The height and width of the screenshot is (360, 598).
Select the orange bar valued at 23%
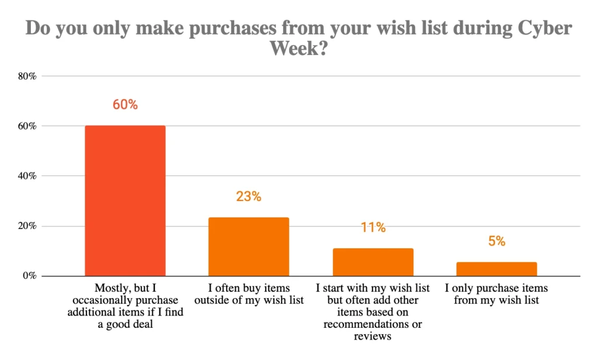pyautogui.click(x=249, y=246)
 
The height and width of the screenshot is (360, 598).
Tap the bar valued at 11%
pyautogui.click(x=373, y=262)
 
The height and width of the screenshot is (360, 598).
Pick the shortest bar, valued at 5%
pyautogui.click(x=497, y=269)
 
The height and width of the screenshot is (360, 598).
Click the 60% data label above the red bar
pyautogui.click(x=125, y=105)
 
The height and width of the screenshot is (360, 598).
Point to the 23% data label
pyautogui.click(x=249, y=196)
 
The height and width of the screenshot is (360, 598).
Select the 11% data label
pyautogui.click(x=373, y=227)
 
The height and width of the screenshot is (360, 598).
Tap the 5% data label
pyautogui.click(x=497, y=241)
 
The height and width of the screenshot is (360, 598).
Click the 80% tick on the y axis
pyautogui.click(x=28, y=76)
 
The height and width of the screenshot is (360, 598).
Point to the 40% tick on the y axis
pyautogui.click(x=28, y=176)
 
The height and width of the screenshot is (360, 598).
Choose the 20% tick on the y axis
pyautogui.click(x=28, y=226)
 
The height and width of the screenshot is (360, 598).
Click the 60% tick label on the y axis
pyautogui.click(x=28, y=126)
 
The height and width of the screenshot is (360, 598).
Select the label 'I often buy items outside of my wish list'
pyautogui.click(x=249, y=295)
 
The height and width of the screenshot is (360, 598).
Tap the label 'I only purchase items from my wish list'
pyautogui.click(x=497, y=295)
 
